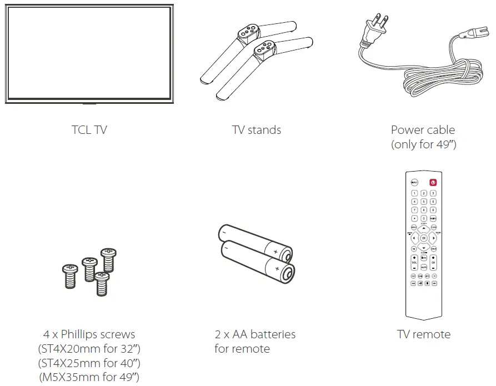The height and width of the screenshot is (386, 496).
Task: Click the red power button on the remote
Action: [x=433, y=182]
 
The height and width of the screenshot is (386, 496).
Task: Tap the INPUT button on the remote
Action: [x=414, y=182]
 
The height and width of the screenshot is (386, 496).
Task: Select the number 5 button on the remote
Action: [x=424, y=202]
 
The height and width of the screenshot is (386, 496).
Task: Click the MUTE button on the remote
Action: [x=424, y=267]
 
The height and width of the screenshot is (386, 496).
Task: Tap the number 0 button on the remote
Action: [x=424, y=219]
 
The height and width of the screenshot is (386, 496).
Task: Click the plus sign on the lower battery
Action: [x=277, y=269]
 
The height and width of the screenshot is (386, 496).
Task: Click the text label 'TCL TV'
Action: [x=89, y=130]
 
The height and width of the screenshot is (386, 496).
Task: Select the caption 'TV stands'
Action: [x=257, y=130]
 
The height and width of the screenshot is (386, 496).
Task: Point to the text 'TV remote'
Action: [x=424, y=334]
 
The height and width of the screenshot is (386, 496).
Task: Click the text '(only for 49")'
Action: [x=423, y=144]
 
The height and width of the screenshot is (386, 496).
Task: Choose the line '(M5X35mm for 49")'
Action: [x=89, y=378]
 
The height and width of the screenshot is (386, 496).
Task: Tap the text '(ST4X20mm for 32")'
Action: [x=89, y=349]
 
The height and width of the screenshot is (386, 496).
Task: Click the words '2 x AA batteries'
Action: [x=255, y=334]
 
